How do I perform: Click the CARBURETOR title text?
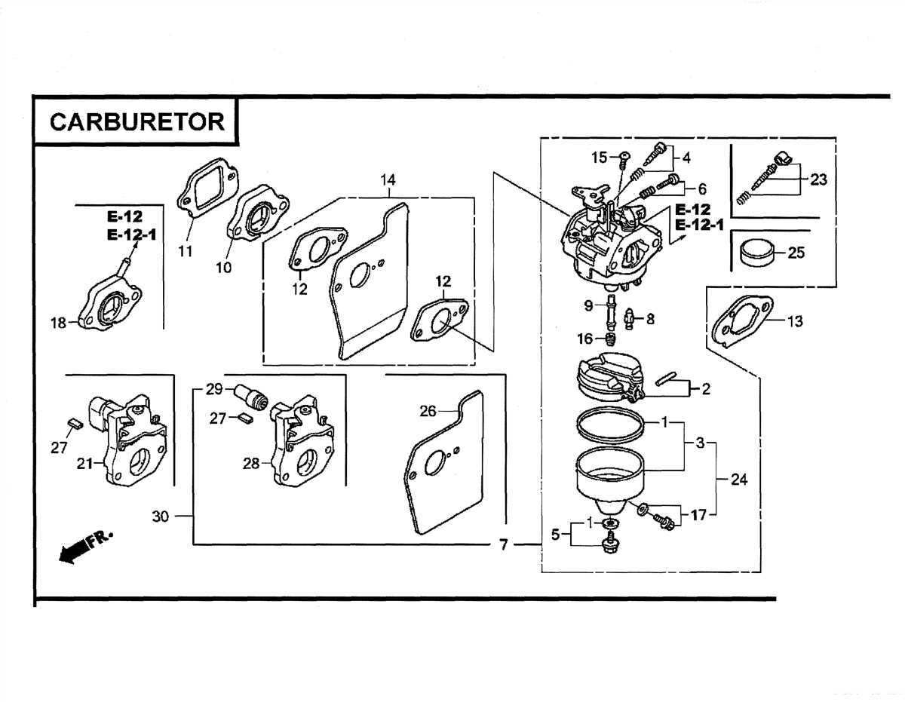(137, 122)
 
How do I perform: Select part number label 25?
(796, 253)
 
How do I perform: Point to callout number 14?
(388, 180)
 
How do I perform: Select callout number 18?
(59, 323)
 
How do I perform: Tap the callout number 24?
(739, 479)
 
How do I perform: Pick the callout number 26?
(428, 411)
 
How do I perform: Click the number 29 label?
(215, 389)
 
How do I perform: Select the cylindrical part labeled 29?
(249, 395)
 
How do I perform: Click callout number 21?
(84, 464)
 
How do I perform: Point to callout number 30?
(161, 517)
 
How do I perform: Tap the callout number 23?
(818, 180)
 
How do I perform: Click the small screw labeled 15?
(624, 160)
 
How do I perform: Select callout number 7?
(504, 545)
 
